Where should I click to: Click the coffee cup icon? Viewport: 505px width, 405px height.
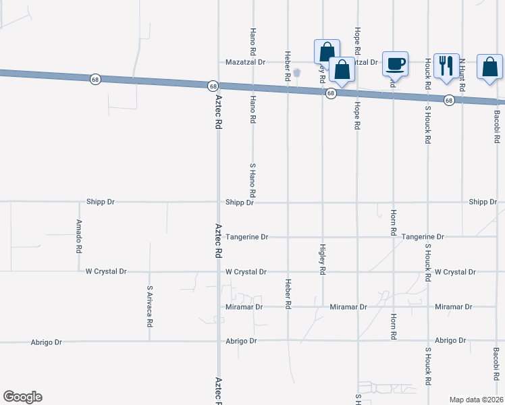coord(396,64)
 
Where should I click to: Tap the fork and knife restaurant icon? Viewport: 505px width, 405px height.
coord(446,66)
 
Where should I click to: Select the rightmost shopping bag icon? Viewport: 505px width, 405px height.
coord(489,67)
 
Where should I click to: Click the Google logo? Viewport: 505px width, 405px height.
coord(22,397)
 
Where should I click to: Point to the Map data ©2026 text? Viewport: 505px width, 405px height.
coord(477,400)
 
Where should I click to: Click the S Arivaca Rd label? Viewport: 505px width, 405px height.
coord(150,306)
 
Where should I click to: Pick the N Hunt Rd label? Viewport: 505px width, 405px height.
coord(462,75)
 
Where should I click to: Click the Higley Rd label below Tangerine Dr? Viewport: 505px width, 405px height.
coord(323,259)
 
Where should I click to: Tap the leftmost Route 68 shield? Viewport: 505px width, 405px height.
coord(96,79)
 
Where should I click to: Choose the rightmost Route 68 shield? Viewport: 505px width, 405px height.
coord(448,100)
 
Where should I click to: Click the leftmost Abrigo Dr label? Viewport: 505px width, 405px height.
coord(46,342)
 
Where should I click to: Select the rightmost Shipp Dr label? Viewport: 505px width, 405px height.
coord(483,202)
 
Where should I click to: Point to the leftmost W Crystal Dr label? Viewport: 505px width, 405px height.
coord(106,271)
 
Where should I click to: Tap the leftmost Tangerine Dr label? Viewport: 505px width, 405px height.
coord(247,237)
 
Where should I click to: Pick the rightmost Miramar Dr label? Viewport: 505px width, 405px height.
coord(453,306)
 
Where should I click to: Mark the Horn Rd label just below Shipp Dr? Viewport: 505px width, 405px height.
coord(393,223)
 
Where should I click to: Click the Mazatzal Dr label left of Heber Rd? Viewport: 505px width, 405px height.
coord(245,61)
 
